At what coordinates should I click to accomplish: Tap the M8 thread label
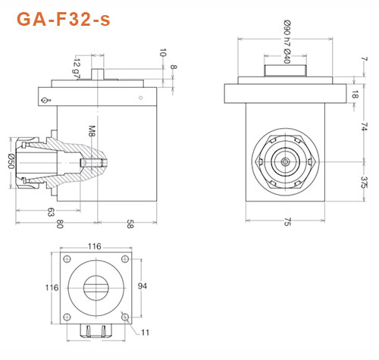(92, 133)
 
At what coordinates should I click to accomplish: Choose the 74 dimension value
(365, 126)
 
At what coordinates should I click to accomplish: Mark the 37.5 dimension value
(365, 180)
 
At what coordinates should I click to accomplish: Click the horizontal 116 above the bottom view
(94, 247)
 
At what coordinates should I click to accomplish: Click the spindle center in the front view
(283, 161)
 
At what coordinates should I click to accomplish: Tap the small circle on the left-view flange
(46, 100)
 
